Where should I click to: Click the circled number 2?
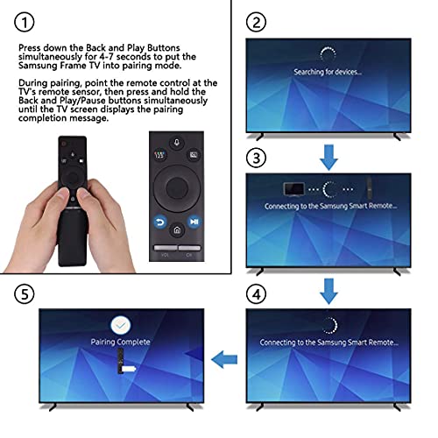pos(257,20)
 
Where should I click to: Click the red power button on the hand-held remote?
pos(62,141)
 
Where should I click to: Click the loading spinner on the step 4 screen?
pos(328,322)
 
